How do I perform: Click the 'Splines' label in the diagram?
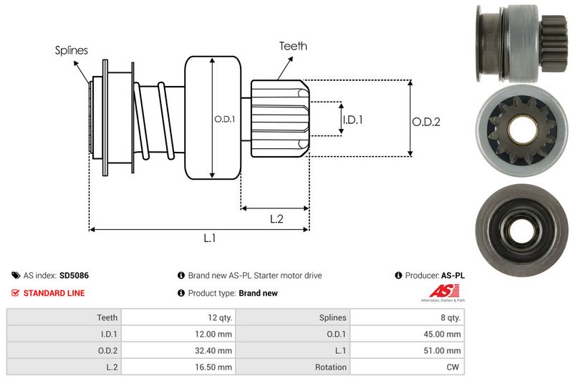[72, 51]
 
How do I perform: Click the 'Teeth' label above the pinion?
[293, 46]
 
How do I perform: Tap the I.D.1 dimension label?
[352, 120]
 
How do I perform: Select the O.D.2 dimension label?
[425, 122]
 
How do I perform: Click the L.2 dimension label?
[277, 219]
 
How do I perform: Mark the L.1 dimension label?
[210, 239]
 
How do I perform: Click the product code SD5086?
[74, 275]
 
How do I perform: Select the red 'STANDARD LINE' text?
[54, 293]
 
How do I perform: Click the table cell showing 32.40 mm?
[215, 351]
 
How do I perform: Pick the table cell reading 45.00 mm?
[443, 334]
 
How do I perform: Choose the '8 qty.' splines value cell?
[449, 317]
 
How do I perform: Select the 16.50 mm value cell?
[215, 367]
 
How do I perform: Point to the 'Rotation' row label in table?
[330, 367]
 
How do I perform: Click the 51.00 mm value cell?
[443, 351]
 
